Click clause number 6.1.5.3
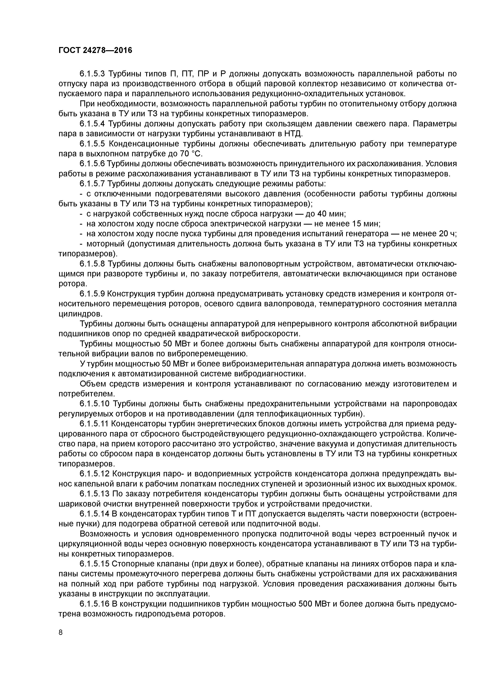pos(92,74)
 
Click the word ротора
pos(72,284)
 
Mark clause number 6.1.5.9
pos(92,294)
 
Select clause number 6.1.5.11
pos(94,424)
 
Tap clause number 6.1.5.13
pos(94,494)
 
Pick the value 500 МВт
pos(314,604)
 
